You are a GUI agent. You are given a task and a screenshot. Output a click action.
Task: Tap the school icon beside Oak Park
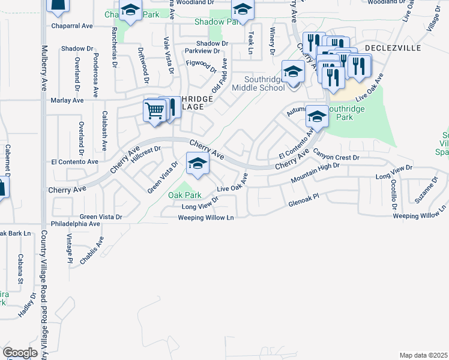[197, 163]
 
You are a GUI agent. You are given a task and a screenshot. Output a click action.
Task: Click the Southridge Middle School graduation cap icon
[292, 72]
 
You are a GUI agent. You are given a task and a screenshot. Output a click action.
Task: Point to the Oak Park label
[184, 195]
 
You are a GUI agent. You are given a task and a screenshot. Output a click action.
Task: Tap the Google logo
[20, 353]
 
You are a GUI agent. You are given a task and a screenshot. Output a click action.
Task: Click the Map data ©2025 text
[424, 355]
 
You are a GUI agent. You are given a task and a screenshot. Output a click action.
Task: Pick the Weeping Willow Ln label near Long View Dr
[205, 218]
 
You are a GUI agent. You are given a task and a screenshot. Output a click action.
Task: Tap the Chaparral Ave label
[71, 26]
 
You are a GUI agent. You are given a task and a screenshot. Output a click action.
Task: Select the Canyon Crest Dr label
[335, 157]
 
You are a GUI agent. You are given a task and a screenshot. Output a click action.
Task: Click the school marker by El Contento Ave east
[316, 116]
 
